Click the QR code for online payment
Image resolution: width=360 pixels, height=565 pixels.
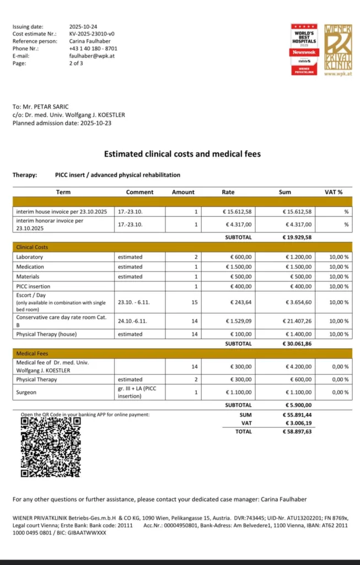point(50,447)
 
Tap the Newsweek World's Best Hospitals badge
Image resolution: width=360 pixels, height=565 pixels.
point(304,49)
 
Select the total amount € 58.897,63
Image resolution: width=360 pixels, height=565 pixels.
point(298,432)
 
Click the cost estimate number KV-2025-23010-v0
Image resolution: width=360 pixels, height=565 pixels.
point(92,34)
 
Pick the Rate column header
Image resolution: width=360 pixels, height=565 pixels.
point(228,192)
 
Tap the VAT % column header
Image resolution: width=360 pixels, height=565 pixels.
point(334,192)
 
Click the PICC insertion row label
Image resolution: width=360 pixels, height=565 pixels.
point(33,286)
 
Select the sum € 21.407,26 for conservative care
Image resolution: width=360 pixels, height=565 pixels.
point(298,321)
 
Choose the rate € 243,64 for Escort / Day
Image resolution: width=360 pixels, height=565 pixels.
point(239,302)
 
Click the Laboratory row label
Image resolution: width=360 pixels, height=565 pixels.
point(30,257)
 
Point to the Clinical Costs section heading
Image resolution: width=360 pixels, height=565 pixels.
point(32,247)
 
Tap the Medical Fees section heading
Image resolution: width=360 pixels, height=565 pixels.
point(32,353)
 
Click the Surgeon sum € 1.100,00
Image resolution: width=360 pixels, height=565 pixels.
point(298,392)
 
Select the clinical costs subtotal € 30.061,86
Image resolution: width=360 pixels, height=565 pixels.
point(298,343)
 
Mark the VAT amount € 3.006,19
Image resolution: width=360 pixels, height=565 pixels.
point(298,423)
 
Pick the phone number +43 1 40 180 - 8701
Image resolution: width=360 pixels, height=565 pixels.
point(93,49)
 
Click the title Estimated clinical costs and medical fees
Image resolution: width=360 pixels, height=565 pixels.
point(182,154)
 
